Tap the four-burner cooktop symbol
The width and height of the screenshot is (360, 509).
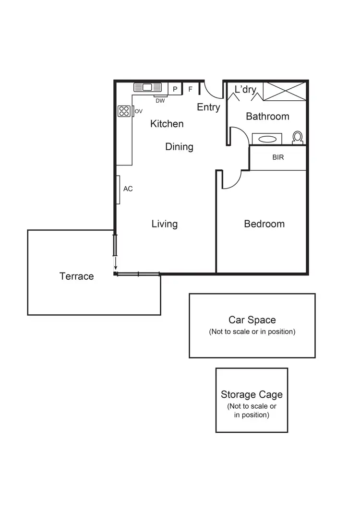[x=124, y=111]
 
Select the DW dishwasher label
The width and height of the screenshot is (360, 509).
[x=160, y=101]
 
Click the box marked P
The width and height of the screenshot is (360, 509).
[x=175, y=89]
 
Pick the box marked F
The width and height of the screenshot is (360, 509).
[x=191, y=89]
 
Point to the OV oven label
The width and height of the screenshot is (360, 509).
[x=139, y=111]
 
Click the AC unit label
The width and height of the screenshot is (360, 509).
[x=128, y=189]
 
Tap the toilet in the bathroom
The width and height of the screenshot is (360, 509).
[x=298, y=138]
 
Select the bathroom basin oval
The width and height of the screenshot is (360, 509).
[x=267, y=139]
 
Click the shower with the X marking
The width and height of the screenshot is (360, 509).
[x=284, y=91]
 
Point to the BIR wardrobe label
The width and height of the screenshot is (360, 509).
[x=278, y=157]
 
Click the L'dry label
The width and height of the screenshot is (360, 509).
[x=245, y=90]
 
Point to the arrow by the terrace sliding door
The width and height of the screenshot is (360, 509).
[x=115, y=264]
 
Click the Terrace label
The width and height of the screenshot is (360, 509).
[x=76, y=276]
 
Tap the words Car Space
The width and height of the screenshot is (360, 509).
[x=252, y=320]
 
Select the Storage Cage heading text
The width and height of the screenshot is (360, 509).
[x=252, y=395]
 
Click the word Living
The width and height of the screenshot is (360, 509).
[x=165, y=224]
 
